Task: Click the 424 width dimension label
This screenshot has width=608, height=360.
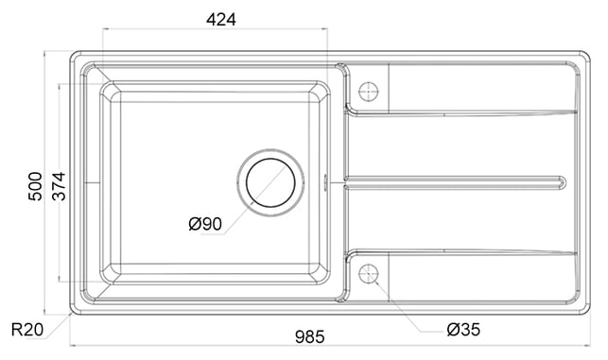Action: (x=220, y=20)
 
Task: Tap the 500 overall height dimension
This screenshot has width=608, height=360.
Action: (x=35, y=186)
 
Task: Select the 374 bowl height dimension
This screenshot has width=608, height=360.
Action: (x=60, y=186)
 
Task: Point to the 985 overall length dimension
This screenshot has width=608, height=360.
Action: (x=309, y=336)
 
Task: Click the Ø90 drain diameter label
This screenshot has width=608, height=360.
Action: (x=205, y=224)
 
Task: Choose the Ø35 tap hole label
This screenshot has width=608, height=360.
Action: (x=463, y=330)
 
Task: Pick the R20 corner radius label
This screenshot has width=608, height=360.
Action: (x=27, y=330)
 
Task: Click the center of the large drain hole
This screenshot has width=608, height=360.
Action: (x=270, y=182)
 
